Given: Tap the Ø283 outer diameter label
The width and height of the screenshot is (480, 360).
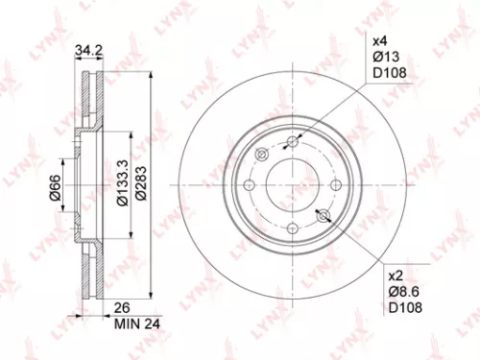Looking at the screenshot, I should point(140,180).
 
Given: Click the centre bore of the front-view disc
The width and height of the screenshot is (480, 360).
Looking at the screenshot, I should point(293,184).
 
